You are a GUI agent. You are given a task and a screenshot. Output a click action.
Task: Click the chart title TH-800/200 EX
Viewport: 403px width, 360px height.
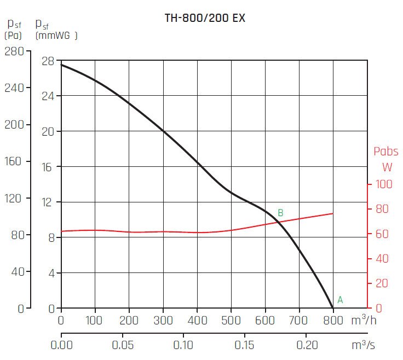[x=205, y=18]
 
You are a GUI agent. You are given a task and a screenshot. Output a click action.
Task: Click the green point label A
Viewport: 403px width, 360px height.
[x=340, y=300]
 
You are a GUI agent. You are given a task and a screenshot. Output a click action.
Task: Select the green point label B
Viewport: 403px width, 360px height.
[x=280, y=213]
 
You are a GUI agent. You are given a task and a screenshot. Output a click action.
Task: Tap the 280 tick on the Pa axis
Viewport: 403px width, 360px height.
[x=14, y=51]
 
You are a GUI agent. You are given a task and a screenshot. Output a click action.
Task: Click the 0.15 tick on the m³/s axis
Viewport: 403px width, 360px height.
[x=245, y=345]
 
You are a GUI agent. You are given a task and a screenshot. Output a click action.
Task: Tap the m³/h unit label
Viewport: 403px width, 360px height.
[x=363, y=318]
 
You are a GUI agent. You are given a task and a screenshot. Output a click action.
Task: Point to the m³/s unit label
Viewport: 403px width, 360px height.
[x=363, y=345]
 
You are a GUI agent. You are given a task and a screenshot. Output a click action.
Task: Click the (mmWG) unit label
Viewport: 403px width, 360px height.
[x=56, y=36]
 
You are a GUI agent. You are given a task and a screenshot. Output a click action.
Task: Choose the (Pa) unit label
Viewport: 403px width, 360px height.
[x=13, y=36]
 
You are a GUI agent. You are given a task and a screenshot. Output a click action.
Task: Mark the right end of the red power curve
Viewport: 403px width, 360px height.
[x=332, y=213]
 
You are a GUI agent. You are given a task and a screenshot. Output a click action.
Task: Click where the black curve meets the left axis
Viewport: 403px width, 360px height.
[x=61, y=65]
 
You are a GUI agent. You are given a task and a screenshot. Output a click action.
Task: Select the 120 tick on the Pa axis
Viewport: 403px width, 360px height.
[x=14, y=199]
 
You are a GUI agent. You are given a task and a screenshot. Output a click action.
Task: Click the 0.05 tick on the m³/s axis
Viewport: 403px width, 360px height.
[x=123, y=345]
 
